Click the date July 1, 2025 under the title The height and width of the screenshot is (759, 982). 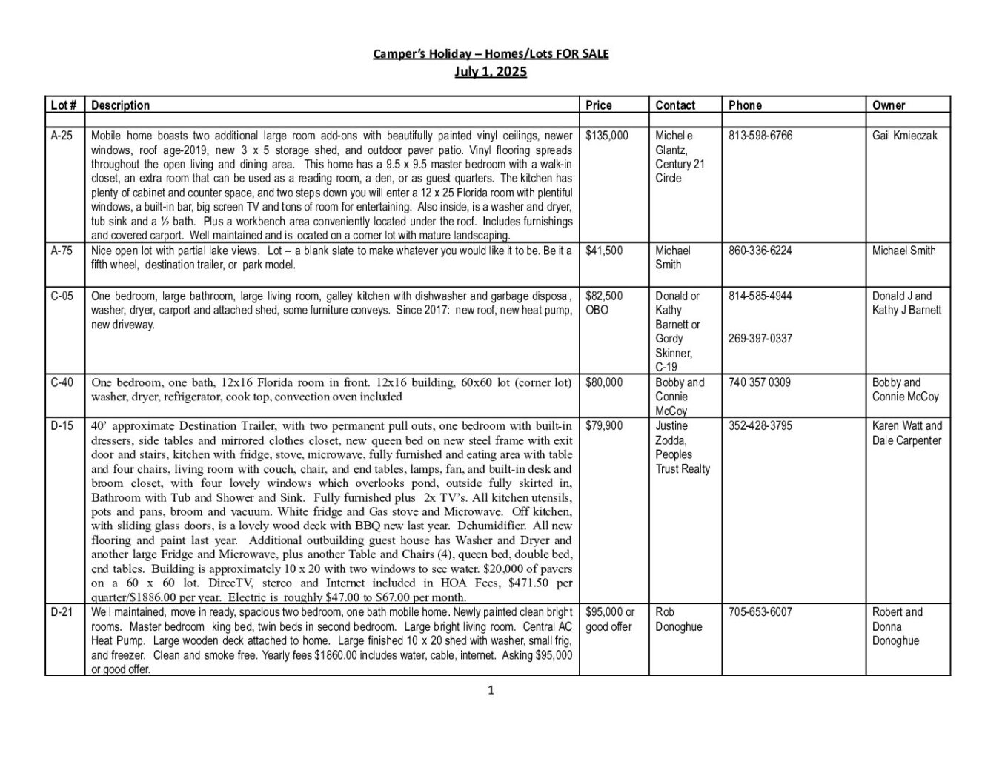[x=491, y=72]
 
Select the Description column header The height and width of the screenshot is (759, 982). [x=120, y=105]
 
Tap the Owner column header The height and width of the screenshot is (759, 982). [x=889, y=105]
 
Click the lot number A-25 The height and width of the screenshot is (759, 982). [x=62, y=136]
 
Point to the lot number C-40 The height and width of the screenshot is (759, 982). [x=62, y=382]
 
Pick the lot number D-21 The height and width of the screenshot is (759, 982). [x=62, y=612]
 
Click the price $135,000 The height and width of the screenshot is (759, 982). [x=606, y=136]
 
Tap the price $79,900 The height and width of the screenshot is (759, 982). [x=604, y=426]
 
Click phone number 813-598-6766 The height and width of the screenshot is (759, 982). [x=760, y=136]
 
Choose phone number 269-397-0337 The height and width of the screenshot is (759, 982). [x=760, y=339]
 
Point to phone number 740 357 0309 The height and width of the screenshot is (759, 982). [x=759, y=382]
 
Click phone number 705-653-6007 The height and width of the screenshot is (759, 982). [x=760, y=612]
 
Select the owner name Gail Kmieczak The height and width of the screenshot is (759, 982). [x=904, y=136]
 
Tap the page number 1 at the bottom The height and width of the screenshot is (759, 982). [x=491, y=691]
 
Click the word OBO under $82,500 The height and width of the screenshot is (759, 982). [x=597, y=310]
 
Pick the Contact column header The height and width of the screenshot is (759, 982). [x=675, y=105]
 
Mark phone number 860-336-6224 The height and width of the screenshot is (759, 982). [x=760, y=251]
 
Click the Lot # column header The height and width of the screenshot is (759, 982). [x=64, y=105]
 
